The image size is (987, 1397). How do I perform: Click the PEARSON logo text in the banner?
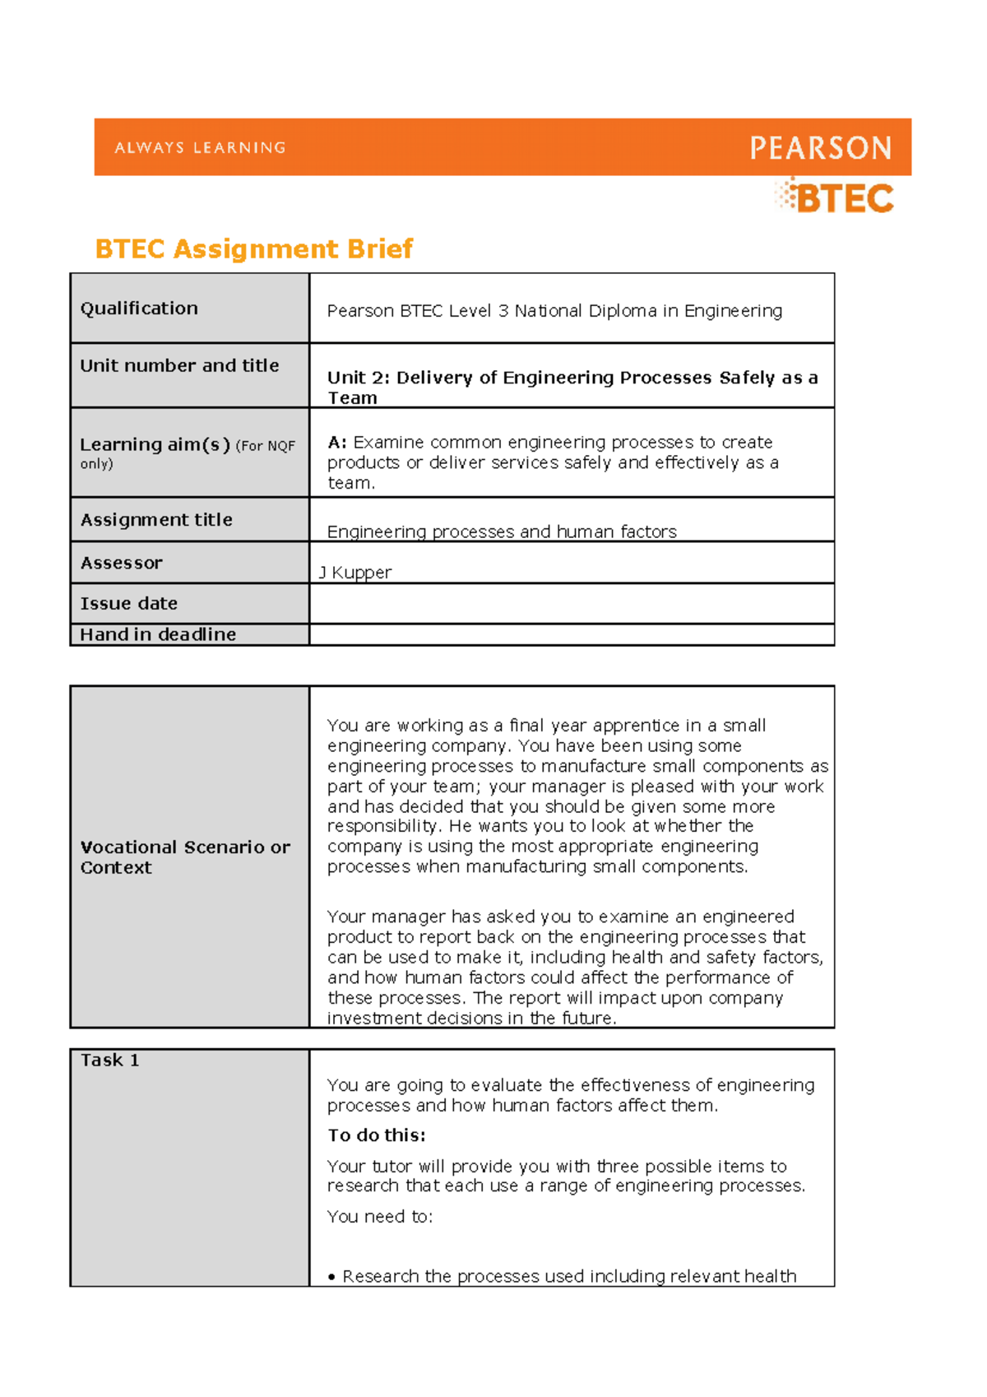820,148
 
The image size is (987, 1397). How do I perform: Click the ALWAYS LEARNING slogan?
200,148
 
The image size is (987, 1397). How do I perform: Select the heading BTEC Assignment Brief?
253,248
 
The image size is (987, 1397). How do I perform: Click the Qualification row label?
139,309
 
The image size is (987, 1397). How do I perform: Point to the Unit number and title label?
179,366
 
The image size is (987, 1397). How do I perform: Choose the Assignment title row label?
156,520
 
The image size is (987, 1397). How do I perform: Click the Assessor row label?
121,564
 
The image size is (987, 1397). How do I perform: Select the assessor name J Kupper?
355,573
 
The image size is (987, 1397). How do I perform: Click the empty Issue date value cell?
572,604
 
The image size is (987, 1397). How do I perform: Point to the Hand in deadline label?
158,634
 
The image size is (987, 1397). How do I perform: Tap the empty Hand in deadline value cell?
572,634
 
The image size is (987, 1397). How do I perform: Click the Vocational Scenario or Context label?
185,857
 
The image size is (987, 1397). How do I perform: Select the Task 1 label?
109,1061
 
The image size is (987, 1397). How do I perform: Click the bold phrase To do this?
377,1135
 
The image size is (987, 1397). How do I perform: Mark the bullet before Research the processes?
332,1278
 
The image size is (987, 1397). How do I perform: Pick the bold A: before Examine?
337,443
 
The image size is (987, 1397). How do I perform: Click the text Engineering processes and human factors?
502,532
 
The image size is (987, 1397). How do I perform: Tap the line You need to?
379,1217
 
